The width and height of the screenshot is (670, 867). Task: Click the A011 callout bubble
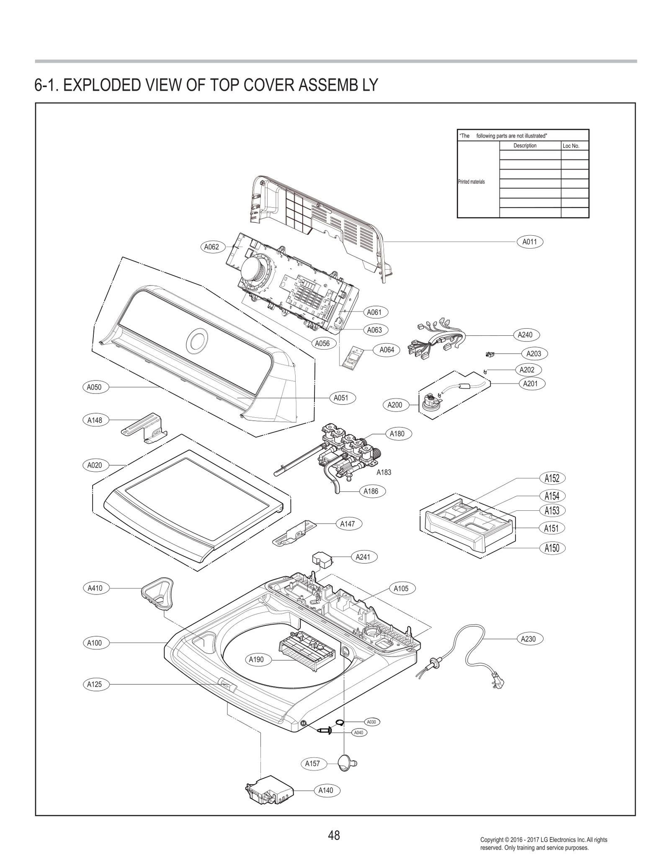click(x=529, y=242)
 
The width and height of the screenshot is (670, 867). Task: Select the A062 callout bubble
click(x=211, y=247)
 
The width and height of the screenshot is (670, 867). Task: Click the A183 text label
click(x=384, y=472)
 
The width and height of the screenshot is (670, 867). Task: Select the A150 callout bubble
click(x=551, y=548)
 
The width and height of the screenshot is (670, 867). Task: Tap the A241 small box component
click(x=322, y=559)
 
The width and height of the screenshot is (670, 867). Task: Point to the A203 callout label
click(x=533, y=353)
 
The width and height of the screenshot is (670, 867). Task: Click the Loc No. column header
click(x=571, y=146)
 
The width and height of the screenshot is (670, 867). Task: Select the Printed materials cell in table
click(x=472, y=182)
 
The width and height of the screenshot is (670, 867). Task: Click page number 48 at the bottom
click(x=334, y=835)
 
